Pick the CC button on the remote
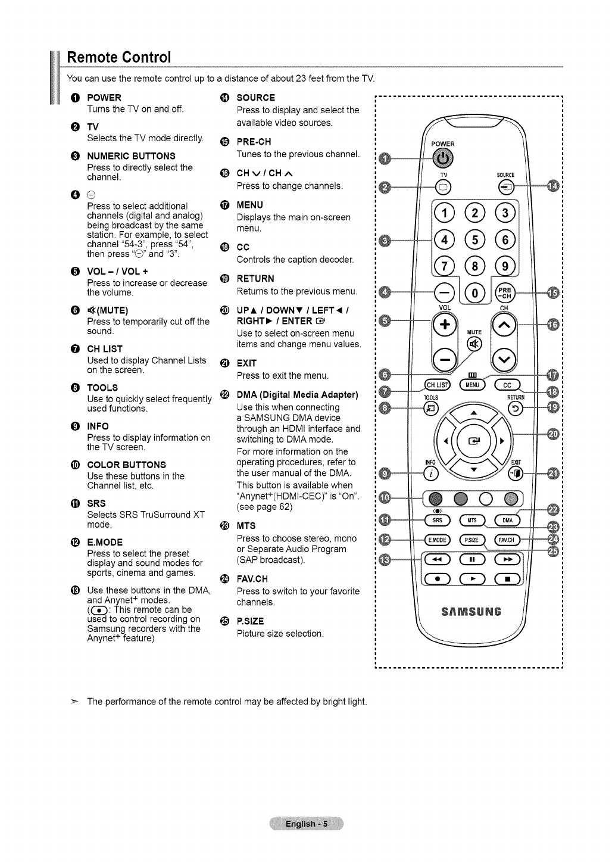507,384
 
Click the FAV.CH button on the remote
507,540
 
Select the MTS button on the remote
473,519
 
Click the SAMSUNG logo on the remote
473,611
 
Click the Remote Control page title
119,58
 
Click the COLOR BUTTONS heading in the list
126,465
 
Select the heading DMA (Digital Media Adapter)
297,395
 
